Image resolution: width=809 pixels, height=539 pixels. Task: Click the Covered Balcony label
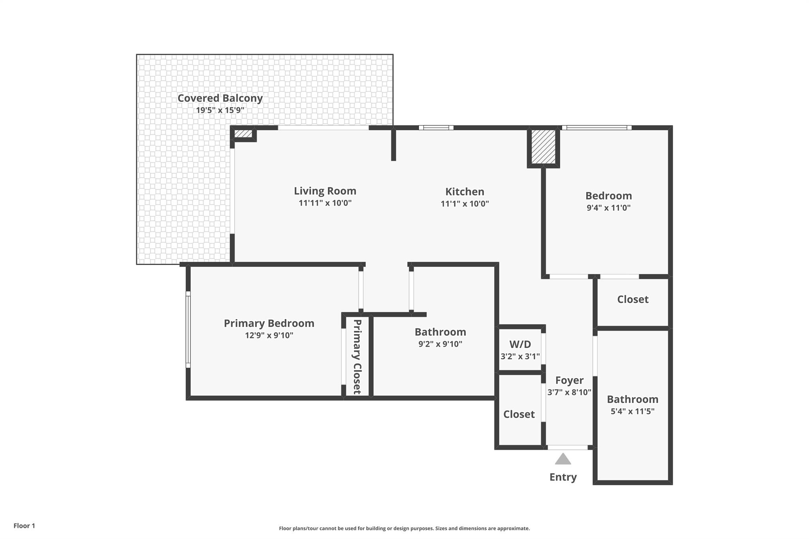tap(220, 98)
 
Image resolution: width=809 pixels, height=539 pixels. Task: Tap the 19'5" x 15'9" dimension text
tap(220, 110)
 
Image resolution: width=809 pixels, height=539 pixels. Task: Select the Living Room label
tap(325, 191)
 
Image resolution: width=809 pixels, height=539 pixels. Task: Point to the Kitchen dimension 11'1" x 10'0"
tap(465, 204)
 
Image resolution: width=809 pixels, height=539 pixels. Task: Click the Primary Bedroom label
tap(269, 323)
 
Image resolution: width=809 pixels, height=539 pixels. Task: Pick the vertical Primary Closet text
tap(357, 357)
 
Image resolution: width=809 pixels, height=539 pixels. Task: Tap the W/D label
tap(520, 344)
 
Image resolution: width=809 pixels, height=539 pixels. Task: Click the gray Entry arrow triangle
tap(563, 459)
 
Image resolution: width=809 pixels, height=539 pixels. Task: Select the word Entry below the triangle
tap(563, 477)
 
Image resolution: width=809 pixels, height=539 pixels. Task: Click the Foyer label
tap(569, 380)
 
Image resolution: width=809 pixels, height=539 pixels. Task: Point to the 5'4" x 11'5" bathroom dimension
tap(632, 411)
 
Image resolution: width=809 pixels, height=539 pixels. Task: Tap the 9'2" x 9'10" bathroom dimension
tap(440, 344)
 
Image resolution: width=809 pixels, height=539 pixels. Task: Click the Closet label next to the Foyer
tap(519, 414)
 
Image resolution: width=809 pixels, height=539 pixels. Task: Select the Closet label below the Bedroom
tap(632, 299)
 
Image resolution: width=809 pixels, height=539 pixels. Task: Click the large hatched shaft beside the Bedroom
tap(543, 147)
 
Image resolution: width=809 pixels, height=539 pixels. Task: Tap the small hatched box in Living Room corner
tap(243, 134)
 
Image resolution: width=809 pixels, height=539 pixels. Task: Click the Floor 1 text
tap(24, 526)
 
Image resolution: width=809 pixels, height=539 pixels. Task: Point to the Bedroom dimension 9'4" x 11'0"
tap(608, 208)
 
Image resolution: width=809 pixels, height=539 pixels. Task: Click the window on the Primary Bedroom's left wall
tap(188, 330)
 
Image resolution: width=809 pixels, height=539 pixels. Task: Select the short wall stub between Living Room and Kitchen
tap(393, 145)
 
